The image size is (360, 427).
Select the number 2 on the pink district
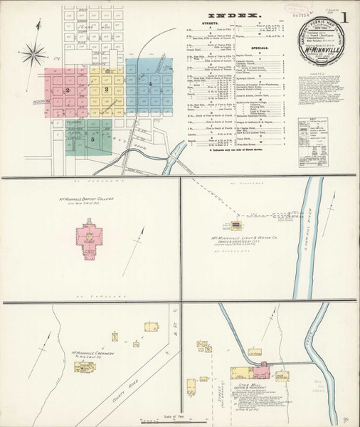click(67, 90)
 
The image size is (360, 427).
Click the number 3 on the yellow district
click(106, 90)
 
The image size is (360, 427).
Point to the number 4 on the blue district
click(151, 84)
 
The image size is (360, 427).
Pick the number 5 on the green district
click(92, 139)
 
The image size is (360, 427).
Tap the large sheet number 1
click(345, 16)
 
